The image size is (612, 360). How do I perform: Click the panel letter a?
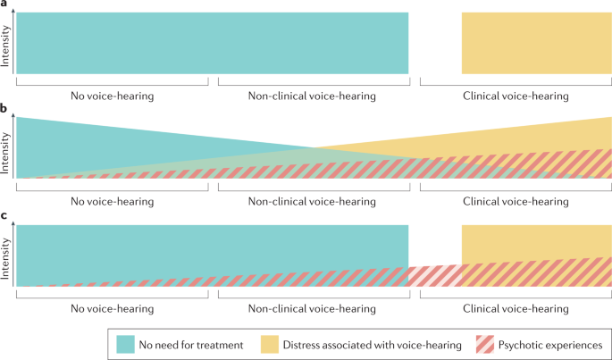[x=4, y=4]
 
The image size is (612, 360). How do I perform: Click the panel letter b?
[x=4, y=109]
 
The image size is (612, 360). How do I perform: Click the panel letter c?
[x=4, y=215]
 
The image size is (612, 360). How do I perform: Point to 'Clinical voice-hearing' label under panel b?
[x=516, y=202]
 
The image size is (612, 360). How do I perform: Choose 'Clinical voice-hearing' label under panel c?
[x=516, y=308]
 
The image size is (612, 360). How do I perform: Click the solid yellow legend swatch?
[x=271, y=344]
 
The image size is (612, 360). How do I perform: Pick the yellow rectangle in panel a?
[x=536, y=43]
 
